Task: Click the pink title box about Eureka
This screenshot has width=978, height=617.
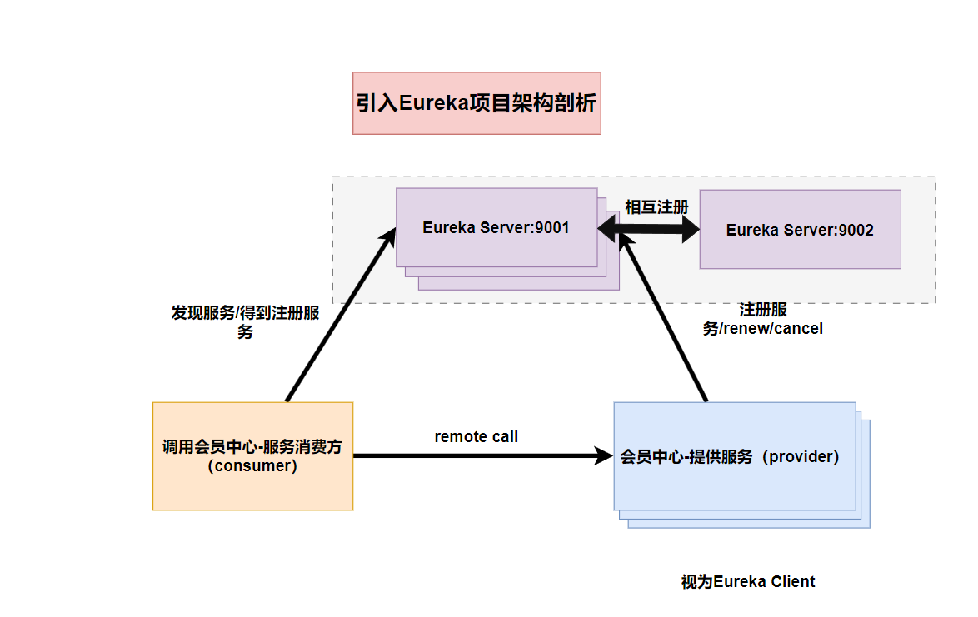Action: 477,103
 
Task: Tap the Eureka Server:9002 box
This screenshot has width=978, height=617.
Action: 800,230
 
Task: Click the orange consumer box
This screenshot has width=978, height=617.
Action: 252,456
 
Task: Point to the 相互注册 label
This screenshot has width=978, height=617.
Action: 657,207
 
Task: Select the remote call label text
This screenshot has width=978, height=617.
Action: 476,436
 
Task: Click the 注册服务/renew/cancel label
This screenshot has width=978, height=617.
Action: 763,320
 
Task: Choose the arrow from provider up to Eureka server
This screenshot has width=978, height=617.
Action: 666,320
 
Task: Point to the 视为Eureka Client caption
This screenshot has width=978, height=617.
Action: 748,581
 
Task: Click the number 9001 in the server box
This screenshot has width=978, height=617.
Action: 551,227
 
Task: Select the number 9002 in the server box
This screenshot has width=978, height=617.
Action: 856,230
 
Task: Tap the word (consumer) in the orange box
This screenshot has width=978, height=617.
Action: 252,466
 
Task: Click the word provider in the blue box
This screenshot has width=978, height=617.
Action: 800,456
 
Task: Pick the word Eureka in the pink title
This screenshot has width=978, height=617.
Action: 430,103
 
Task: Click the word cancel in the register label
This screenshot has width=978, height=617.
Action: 799,329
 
